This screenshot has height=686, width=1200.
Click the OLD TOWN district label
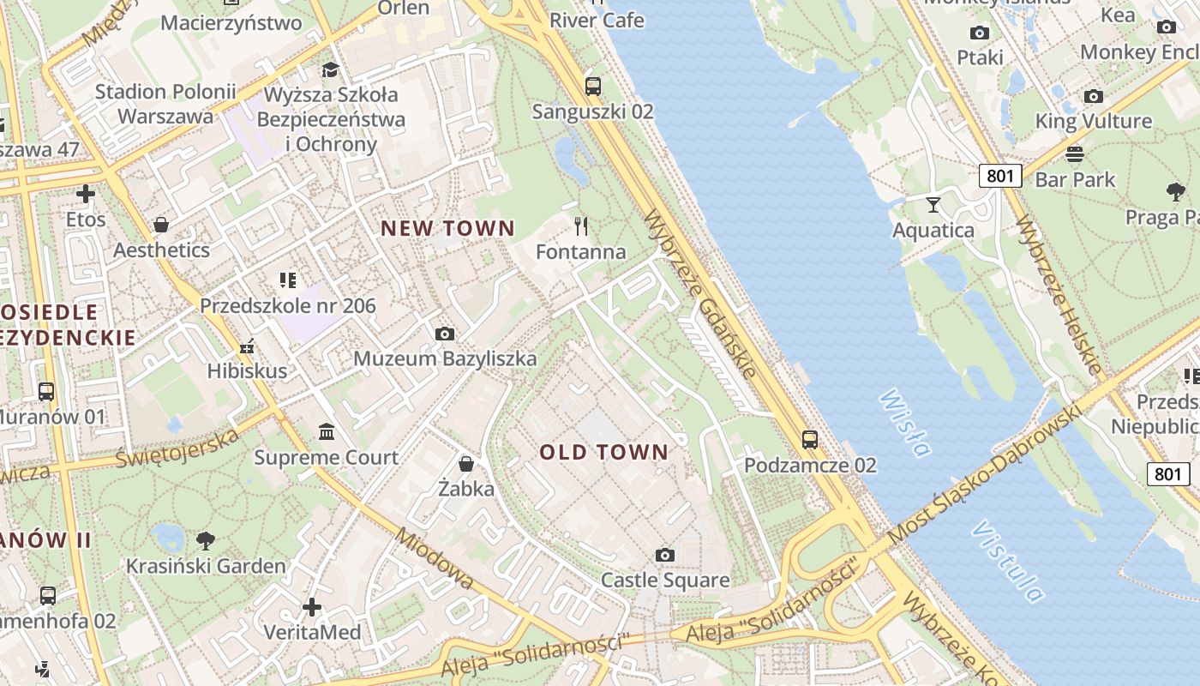tap(603, 452)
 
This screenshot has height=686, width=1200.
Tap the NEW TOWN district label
tap(447, 228)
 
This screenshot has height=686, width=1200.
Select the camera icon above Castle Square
tap(664, 555)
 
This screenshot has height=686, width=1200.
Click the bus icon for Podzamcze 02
tap(810, 440)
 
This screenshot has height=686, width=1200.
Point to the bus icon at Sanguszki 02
tap(592, 86)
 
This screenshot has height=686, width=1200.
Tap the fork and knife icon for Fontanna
tap(581, 226)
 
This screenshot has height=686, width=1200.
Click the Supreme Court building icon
tap(326, 431)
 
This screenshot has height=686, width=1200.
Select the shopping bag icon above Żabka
tap(466, 464)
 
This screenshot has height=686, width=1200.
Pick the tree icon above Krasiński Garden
tap(205, 540)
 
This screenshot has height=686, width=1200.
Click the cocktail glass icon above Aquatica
tap(933, 204)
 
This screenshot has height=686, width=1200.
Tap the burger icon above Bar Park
tap(1075, 154)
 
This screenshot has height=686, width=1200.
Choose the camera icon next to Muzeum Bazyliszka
tap(444, 334)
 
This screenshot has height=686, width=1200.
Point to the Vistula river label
tap(1008, 561)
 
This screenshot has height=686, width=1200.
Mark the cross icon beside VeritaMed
tap(312, 607)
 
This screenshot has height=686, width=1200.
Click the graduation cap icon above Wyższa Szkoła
tap(330, 69)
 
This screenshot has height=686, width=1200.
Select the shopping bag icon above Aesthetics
tap(160, 225)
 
